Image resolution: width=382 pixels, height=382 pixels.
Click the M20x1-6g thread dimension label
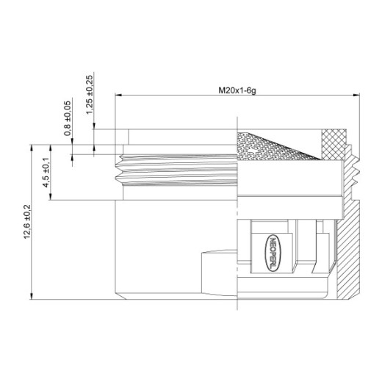click(237, 90)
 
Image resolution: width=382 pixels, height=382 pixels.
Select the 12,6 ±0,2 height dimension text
click(27, 222)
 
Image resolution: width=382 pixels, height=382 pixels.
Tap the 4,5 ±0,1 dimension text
click(46, 173)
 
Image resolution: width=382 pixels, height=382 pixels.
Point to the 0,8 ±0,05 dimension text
click(68, 118)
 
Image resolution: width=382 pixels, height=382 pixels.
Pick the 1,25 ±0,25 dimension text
click(90, 95)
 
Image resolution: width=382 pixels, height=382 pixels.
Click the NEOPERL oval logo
click(273, 253)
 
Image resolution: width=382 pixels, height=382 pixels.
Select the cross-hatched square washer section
click(334, 144)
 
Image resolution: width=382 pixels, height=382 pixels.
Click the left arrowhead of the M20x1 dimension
click(118, 95)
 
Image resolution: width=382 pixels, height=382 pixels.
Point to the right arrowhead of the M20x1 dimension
click(356, 95)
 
